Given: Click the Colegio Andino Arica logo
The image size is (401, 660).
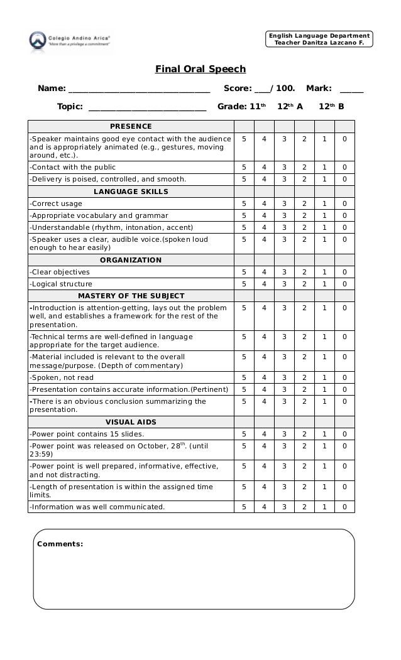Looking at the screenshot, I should click(x=69, y=41).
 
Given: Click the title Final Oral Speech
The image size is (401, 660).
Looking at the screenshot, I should click(x=200, y=69).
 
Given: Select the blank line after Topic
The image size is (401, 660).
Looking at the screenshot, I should click(x=148, y=107).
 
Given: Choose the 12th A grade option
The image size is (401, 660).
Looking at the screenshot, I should click(x=290, y=107).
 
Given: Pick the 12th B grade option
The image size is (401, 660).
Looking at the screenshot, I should click(x=331, y=107).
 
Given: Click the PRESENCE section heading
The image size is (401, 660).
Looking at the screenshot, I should click(x=131, y=126).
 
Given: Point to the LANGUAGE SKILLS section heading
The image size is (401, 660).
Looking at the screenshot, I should click(x=131, y=192).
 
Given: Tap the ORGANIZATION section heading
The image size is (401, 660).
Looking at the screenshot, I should click(x=131, y=260).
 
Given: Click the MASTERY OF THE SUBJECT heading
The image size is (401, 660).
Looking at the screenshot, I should click(x=131, y=296).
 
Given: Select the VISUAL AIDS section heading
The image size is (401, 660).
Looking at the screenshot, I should click(x=131, y=422).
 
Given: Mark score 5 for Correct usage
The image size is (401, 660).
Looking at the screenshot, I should click(x=244, y=203).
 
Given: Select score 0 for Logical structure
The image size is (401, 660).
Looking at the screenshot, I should click(x=344, y=284).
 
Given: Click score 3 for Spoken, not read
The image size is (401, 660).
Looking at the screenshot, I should click(x=284, y=377).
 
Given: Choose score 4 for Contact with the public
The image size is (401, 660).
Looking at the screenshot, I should click(x=264, y=168).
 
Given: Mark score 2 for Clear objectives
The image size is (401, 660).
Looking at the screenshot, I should click(x=304, y=272).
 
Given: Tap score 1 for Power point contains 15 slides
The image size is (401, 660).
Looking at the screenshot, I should click(x=324, y=434).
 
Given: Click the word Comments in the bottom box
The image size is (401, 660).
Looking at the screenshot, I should click(x=60, y=544).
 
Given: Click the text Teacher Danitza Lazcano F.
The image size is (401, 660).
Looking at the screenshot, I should click(x=319, y=43).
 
